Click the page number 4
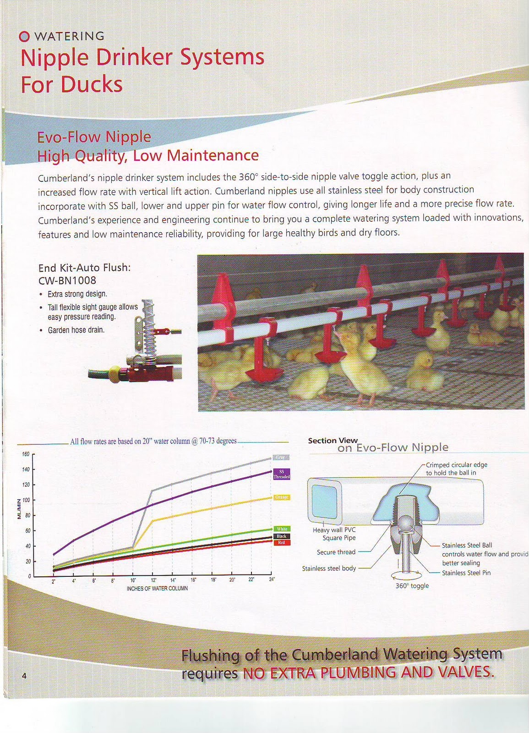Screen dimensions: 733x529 (24, 675)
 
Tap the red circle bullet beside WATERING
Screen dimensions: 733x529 (25, 37)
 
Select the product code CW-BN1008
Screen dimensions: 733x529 (67, 280)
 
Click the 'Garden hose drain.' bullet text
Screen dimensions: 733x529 (76, 330)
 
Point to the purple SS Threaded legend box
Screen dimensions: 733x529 (281, 474)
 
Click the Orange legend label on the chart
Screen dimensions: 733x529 (282, 498)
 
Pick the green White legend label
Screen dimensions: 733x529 (282, 529)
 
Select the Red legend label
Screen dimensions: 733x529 (281, 542)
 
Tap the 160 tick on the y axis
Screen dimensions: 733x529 (25, 454)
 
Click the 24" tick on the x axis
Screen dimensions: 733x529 (271, 580)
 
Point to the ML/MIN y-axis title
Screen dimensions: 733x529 (19, 508)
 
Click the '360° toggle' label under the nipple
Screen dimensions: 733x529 (412, 586)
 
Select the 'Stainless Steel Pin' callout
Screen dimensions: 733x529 (466, 573)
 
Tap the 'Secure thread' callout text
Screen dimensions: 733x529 (336, 552)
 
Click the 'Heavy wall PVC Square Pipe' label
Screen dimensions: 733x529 (334, 534)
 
